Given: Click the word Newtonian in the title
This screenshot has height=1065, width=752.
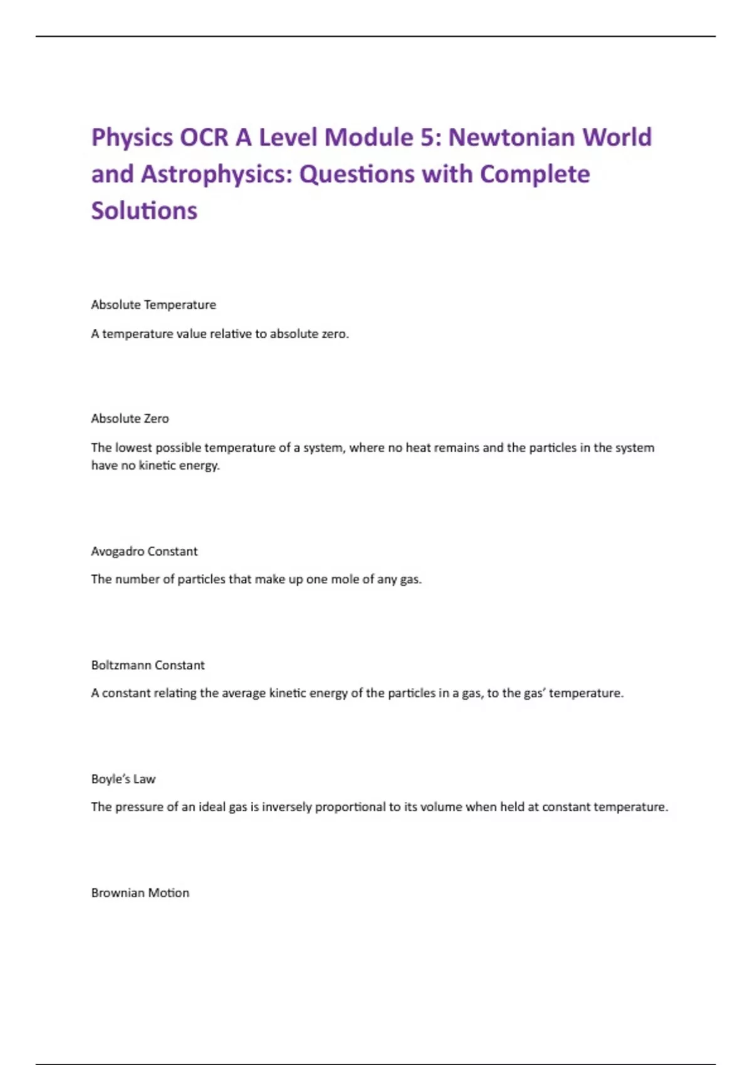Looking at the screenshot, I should tap(512, 137).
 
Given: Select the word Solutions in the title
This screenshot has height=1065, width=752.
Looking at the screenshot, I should tap(144, 211).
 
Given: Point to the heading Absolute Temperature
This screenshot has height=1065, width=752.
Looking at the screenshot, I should tap(154, 305).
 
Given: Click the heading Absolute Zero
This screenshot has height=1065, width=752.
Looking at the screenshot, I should tap(130, 418).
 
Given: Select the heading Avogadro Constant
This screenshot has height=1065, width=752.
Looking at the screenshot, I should tap(144, 551).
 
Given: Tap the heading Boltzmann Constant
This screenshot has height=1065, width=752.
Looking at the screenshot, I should tap(148, 665).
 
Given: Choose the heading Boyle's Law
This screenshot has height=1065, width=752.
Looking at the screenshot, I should tap(123, 779).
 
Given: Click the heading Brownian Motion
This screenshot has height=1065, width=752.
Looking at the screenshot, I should tap(140, 893).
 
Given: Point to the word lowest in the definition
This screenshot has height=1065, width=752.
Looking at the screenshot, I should tap(133, 448).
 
